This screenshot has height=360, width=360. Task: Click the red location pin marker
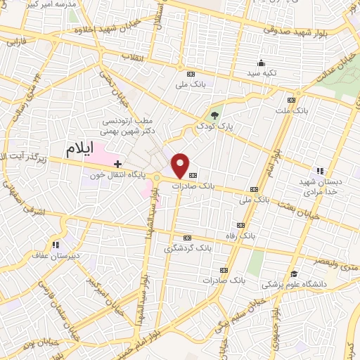[181, 165]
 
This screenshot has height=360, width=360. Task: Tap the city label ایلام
[81, 149]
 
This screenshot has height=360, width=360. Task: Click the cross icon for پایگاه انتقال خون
[117, 164]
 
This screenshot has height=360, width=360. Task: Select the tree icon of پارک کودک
[214, 115]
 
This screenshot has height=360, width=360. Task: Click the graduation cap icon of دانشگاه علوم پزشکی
[293, 274]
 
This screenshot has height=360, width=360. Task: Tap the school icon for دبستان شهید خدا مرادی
[320, 170]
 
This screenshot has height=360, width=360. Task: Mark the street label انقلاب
[133, 56]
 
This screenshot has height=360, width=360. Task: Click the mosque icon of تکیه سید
[262, 63]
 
